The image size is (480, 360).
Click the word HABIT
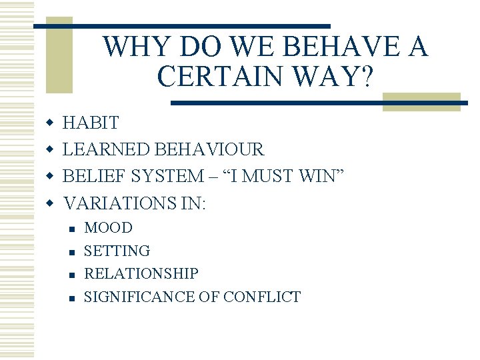(91, 123)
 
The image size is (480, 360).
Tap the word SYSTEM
(170, 176)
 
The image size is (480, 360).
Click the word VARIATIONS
(124, 203)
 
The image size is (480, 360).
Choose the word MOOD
(108, 228)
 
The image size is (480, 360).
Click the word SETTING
(117, 251)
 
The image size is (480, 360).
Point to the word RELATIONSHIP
(141, 274)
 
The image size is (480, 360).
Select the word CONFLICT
(262, 297)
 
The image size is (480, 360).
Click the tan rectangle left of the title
(59, 60)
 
